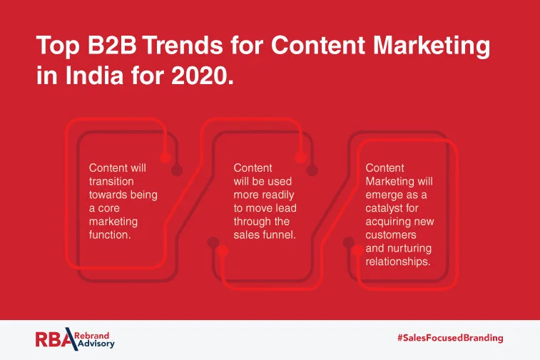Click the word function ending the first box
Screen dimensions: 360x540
click(110, 234)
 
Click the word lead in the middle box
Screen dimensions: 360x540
click(285, 207)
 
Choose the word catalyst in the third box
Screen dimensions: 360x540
click(384, 207)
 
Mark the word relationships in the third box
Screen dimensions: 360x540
click(398, 261)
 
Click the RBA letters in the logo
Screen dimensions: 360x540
click(53, 339)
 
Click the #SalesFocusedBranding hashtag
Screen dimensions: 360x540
click(450, 338)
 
